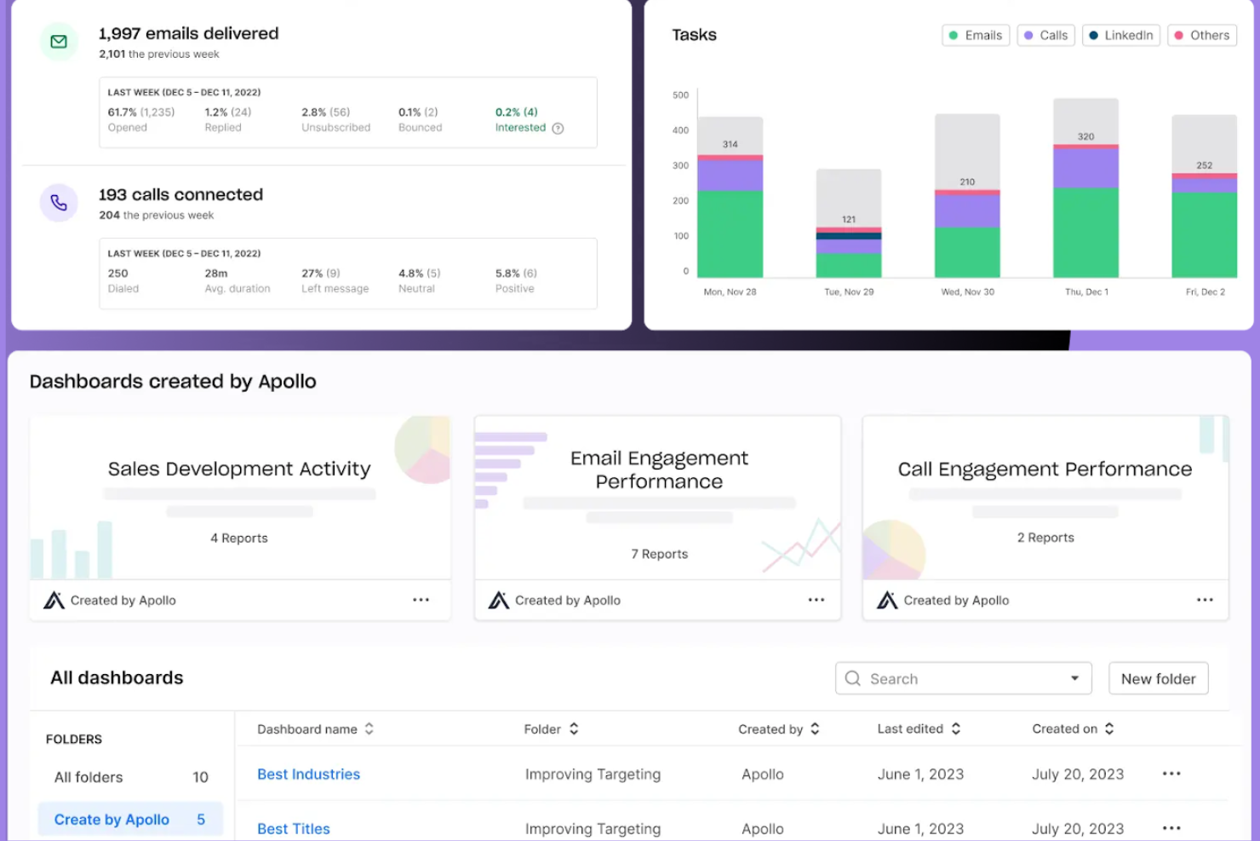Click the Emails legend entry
click(x=976, y=36)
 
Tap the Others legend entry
click(x=1201, y=36)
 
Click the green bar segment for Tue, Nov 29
click(x=849, y=265)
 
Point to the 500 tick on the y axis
click(x=681, y=95)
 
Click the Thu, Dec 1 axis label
click(x=1086, y=292)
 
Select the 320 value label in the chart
click(x=1085, y=136)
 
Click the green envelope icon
click(x=59, y=42)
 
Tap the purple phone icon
click(x=59, y=203)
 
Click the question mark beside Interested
click(x=558, y=129)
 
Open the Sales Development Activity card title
click(x=239, y=469)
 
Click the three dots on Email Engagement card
click(x=816, y=600)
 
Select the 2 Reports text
click(x=1045, y=538)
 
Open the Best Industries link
click(x=308, y=775)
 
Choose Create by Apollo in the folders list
click(x=112, y=820)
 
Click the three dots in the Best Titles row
click(x=1171, y=828)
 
